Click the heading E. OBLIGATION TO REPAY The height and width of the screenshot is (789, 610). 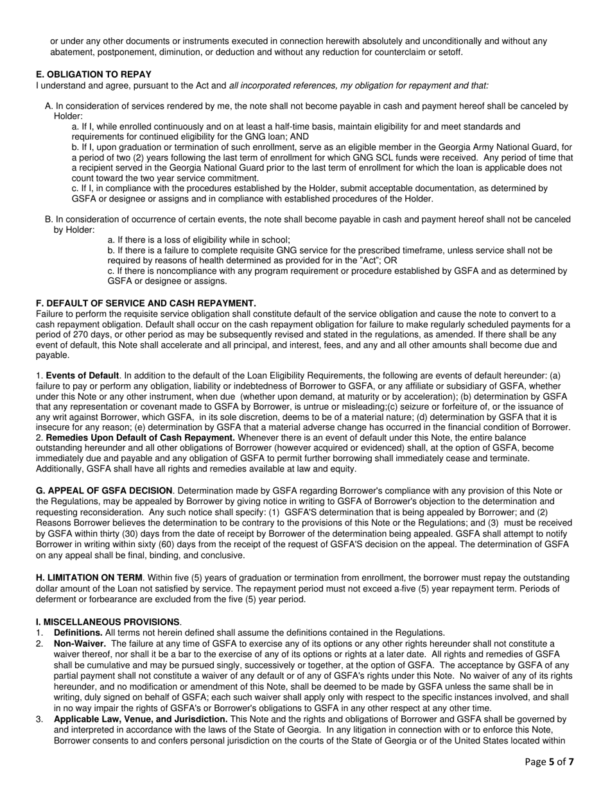[x=94, y=74]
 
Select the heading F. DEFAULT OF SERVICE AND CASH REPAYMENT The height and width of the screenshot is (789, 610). [x=146, y=303]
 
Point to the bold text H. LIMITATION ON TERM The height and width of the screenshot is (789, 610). [x=93, y=578]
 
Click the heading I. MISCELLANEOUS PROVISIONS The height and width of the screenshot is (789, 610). [x=108, y=622]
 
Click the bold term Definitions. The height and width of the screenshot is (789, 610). [x=78, y=632]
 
